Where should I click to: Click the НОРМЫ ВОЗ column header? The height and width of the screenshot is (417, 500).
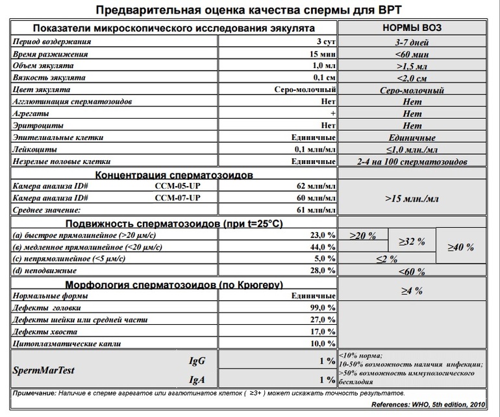coord(413,29)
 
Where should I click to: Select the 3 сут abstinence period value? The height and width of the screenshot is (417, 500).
coord(323,42)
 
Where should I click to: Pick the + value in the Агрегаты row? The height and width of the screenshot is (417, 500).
coord(332,114)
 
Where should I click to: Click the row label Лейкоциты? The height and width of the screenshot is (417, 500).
coord(32,150)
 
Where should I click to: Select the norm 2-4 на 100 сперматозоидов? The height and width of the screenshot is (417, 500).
coord(413,161)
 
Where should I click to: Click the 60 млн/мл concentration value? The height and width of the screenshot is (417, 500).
coord(316,198)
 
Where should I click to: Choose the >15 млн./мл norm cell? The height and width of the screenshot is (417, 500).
coord(413,198)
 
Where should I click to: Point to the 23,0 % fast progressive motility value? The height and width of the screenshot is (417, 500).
coord(322,235)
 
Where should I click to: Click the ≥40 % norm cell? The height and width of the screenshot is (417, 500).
coord(462,247)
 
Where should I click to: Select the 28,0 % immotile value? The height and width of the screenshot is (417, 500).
coord(322,270)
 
